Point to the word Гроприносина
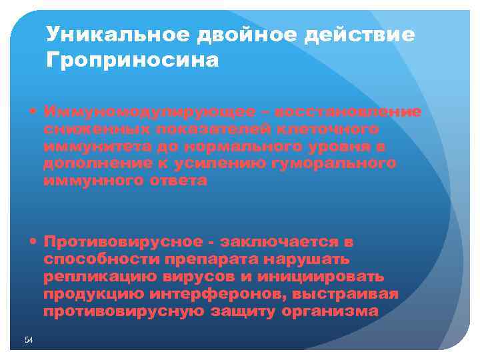click(x=133, y=61)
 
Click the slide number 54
click(x=29, y=341)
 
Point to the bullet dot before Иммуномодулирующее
click(x=33, y=111)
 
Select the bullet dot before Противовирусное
click(x=33, y=241)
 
